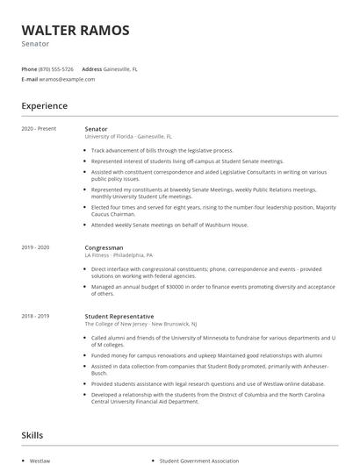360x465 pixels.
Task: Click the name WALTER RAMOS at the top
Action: (x=76, y=30)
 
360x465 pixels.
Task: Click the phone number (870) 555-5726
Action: (x=56, y=68)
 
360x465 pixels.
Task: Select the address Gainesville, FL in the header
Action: (x=121, y=68)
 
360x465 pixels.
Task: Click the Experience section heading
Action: (x=45, y=106)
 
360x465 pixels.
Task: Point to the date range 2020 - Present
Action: (x=39, y=129)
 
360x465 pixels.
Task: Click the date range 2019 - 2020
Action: (x=36, y=248)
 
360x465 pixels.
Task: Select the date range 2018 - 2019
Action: (x=36, y=316)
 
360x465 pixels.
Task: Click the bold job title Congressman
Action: (x=105, y=248)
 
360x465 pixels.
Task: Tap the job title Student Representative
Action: (x=119, y=316)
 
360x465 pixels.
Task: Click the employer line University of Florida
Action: (x=128, y=137)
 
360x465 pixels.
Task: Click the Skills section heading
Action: (x=32, y=435)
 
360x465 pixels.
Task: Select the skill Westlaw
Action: (x=40, y=460)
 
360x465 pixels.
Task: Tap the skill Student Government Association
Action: (x=198, y=460)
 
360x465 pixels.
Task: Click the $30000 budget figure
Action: (x=175, y=286)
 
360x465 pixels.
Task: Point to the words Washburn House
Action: (x=227, y=225)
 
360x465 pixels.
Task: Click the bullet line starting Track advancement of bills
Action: (x=162, y=150)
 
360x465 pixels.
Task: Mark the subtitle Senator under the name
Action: (x=36, y=44)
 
